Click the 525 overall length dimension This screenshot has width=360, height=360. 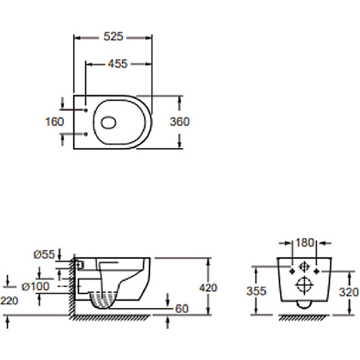tap(113, 37)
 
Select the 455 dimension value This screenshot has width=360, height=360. tap(118, 64)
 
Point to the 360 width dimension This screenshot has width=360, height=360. tap(179, 122)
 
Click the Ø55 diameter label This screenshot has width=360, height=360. tap(44, 255)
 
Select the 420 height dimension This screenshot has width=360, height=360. tap(209, 288)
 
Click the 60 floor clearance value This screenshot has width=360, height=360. tap(181, 308)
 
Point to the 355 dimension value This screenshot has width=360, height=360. tap(256, 291)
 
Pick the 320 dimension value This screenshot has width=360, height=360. tap(349, 292)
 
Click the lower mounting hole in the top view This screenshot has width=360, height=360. tap(86, 134)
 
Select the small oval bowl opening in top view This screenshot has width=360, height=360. tap(109, 122)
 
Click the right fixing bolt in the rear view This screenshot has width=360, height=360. tap(316, 271)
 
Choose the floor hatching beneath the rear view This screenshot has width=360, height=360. tap(303, 317)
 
